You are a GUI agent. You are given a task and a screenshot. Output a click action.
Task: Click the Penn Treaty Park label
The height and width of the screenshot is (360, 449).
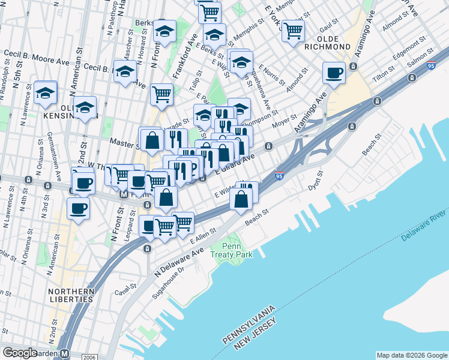pos(231,250)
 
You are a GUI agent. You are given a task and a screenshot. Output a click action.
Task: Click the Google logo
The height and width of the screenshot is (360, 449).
pos(19,353)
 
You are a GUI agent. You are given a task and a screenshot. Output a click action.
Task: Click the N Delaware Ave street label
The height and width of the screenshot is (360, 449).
pos(179,258)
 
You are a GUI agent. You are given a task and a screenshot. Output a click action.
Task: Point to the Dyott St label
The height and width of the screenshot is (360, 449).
pos(316,179)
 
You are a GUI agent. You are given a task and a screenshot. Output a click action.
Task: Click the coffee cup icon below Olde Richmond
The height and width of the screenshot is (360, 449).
pos(334,73)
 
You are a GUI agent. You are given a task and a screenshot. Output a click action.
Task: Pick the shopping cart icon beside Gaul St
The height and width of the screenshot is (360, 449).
pos(293,30)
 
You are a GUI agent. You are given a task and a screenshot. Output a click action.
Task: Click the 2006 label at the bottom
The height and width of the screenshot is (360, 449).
pos(89,356)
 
